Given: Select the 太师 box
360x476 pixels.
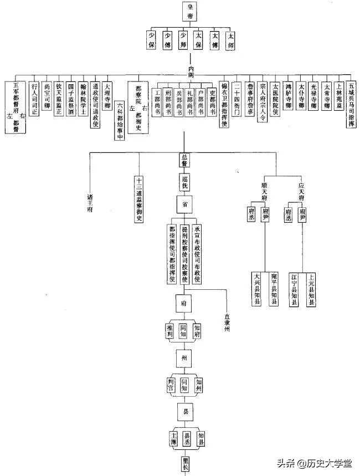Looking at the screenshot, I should click(x=230, y=39).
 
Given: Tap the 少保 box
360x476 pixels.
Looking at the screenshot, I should click(x=151, y=39).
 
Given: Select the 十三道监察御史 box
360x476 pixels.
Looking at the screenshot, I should click(x=139, y=199).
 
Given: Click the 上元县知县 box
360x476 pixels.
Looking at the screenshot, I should click(x=312, y=289).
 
